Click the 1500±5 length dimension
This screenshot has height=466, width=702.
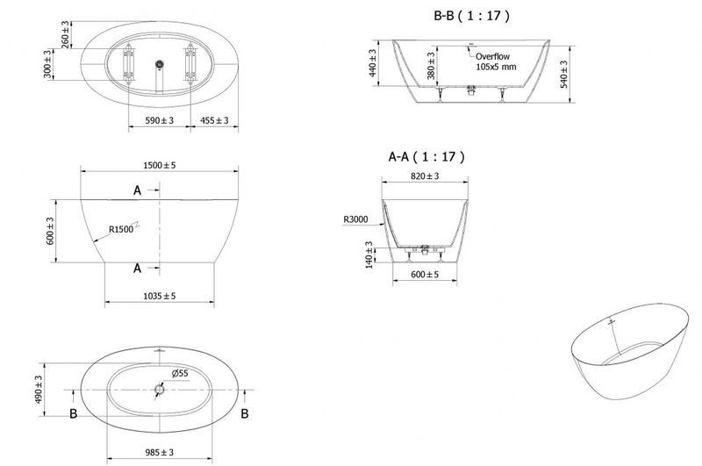coord(160,165)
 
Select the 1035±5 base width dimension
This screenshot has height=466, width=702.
coord(160,296)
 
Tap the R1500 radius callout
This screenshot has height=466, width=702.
coord(121,230)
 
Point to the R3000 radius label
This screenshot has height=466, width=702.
coord(356,219)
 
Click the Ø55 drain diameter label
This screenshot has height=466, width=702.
coord(180,373)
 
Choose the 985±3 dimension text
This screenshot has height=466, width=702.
coord(160,453)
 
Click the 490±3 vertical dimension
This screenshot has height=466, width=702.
coord(39,390)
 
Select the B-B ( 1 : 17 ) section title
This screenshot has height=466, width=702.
coord(471,16)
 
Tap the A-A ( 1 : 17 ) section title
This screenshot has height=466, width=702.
coord(426,157)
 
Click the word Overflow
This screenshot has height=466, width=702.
coord(492,56)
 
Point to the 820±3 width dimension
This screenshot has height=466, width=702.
coord(425,176)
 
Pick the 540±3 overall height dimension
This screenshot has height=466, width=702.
coord(563,75)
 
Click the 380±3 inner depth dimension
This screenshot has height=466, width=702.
coord(431,66)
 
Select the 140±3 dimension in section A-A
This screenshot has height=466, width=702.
coord(369,255)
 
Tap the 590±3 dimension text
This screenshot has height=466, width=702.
coord(160,120)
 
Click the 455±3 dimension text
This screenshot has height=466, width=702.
coord(214,120)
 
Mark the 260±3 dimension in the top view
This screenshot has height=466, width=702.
coord(65,34)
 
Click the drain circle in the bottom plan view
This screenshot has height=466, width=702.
coord(160,390)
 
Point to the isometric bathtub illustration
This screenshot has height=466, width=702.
coord(630,351)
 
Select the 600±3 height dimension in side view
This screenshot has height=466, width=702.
coord(50,231)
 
